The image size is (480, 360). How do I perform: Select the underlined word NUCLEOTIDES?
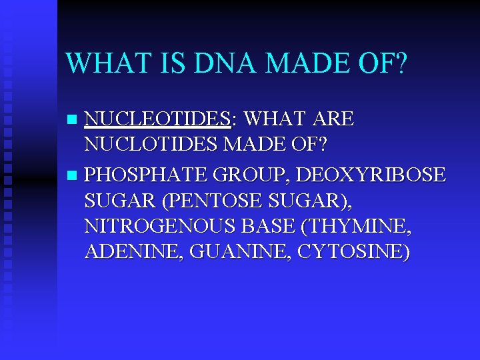pyautogui.click(x=157, y=119)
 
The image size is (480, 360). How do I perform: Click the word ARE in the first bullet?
pyautogui.click(x=331, y=119)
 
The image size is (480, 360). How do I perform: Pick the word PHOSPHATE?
pyautogui.click(x=143, y=175)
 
